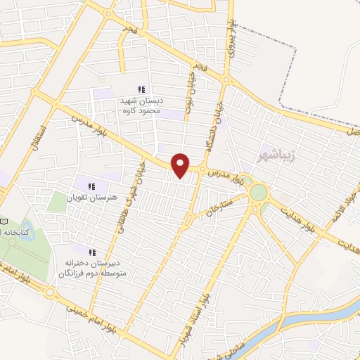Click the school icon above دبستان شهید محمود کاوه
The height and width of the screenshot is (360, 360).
141,89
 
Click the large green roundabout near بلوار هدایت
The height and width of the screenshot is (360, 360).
259,191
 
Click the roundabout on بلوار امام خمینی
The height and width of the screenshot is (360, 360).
49,292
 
